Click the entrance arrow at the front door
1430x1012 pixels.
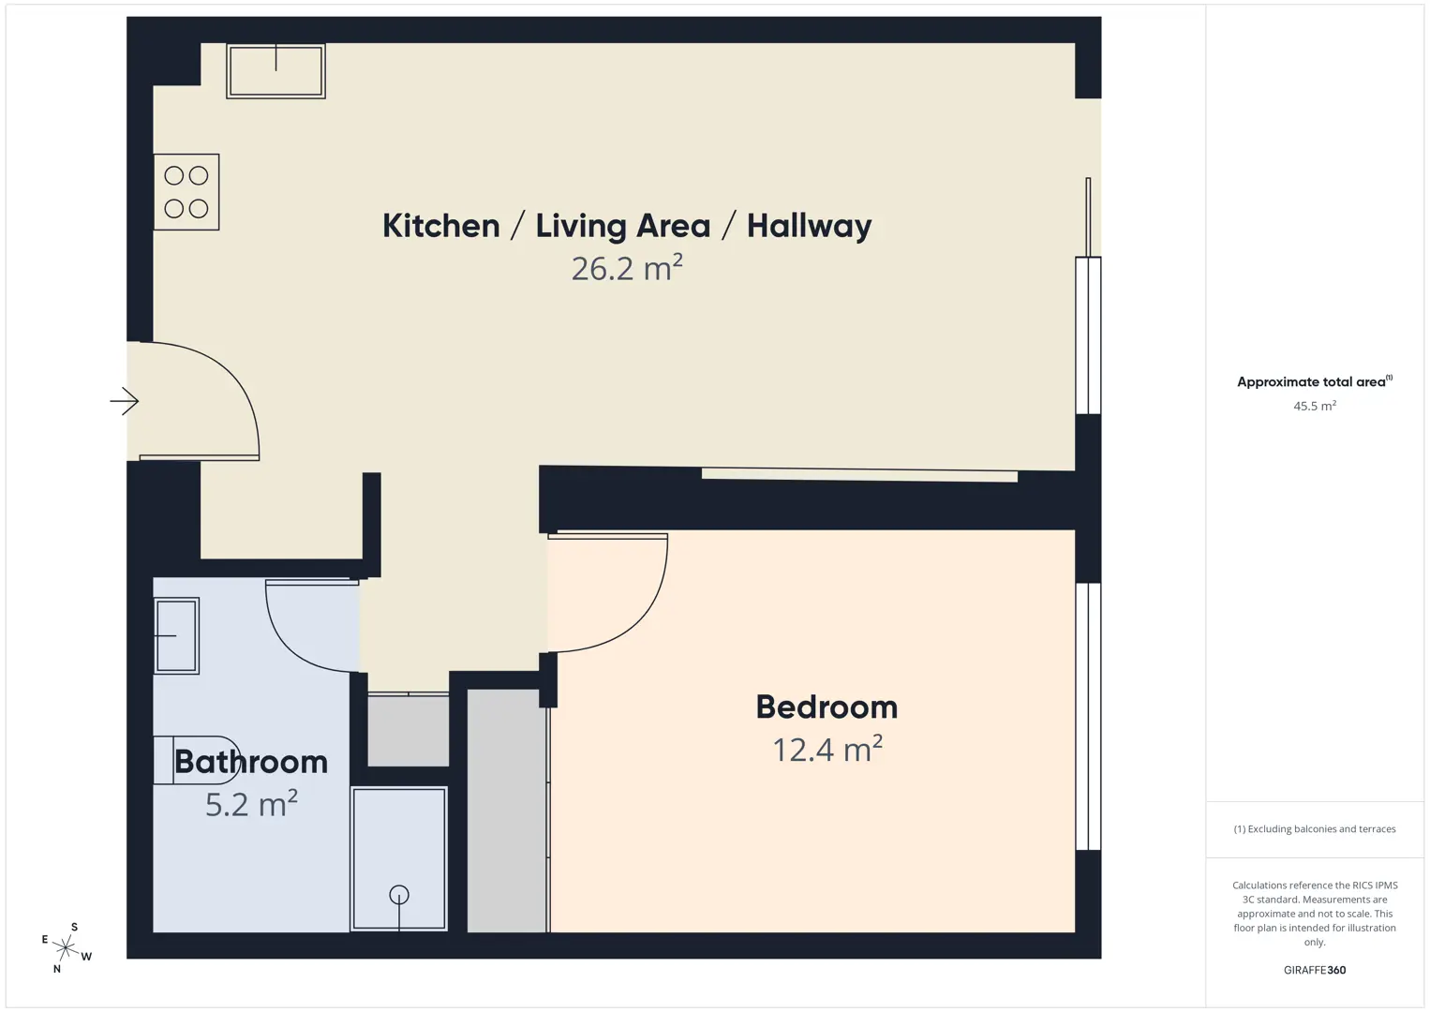pyautogui.click(x=125, y=402)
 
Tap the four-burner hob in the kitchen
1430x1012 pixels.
pyautogui.click(x=186, y=192)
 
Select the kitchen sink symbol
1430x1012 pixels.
pyautogui.click(x=276, y=71)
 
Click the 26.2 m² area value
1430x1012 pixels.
pyautogui.click(x=627, y=268)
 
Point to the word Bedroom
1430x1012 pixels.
pyautogui.click(x=827, y=707)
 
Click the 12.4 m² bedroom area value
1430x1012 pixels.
pyautogui.click(x=827, y=749)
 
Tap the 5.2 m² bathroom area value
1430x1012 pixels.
pyautogui.click(x=251, y=804)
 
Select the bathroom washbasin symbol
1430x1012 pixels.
pyautogui.click(x=177, y=636)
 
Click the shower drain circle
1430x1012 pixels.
pyautogui.click(x=399, y=895)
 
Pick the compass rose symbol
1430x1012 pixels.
pyautogui.click(x=66, y=947)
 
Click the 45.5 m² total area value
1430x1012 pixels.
pyautogui.click(x=1315, y=406)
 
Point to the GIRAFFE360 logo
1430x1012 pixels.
pyautogui.click(x=1315, y=970)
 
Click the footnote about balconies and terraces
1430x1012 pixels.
pyautogui.click(x=1315, y=828)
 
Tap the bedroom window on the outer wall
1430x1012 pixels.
pyautogui.click(x=1089, y=717)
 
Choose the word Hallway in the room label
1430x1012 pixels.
pyautogui.click(x=809, y=226)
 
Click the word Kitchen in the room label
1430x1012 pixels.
pyautogui.click(x=441, y=226)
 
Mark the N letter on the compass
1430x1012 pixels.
pyautogui.click(x=57, y=969)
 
